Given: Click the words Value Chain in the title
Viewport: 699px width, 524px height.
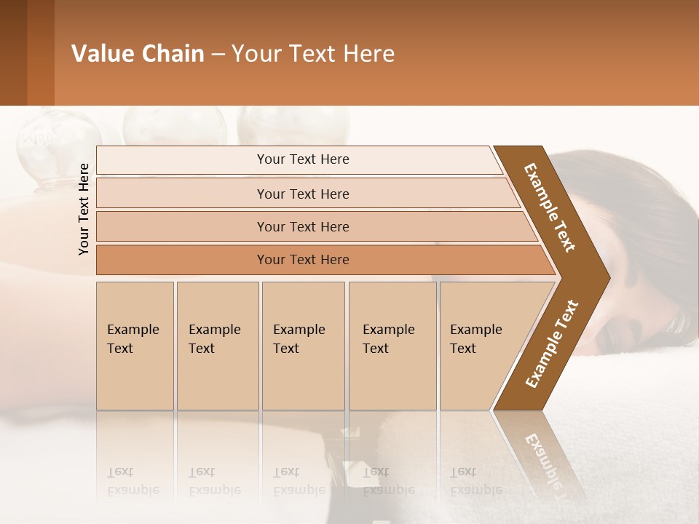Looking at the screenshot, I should pyautogui.click(x=138, y=54).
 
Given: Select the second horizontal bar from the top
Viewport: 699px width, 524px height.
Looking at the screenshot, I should pyautogui.click(x=302, y=194).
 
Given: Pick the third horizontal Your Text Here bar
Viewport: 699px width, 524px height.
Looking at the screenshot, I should pyautogui.click(x=302, y=226).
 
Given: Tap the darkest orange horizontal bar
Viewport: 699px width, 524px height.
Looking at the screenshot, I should pyautogui.click(x=302, y=260).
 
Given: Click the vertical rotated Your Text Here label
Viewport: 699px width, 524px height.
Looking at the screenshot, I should pyautogui.click(x=84, y=209).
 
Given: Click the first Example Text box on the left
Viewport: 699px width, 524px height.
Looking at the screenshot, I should pyautogui.click(x=135, y=346).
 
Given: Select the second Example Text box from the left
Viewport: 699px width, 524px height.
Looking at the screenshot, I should pyautogui.click(x=217, y=346).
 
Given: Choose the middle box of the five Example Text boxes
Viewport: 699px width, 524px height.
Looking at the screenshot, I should pyautogui.click(x=303, y=346).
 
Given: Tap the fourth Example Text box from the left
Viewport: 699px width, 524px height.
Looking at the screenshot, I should pyautogui.click(x=392, y=346).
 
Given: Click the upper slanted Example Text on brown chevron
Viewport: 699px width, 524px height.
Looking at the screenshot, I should pyautogui.click(x=550, y=207).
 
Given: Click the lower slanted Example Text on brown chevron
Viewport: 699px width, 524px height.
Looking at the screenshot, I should pyautogui.click(x=551, y=344).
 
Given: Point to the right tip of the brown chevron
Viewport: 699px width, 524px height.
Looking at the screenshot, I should pyautogui.click(x=607, y=277).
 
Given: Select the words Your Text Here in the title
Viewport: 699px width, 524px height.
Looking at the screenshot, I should pyautogui.click(x=313, y=54).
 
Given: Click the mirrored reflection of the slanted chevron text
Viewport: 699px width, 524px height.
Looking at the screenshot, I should pyautogui.click(x=543, y=458).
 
